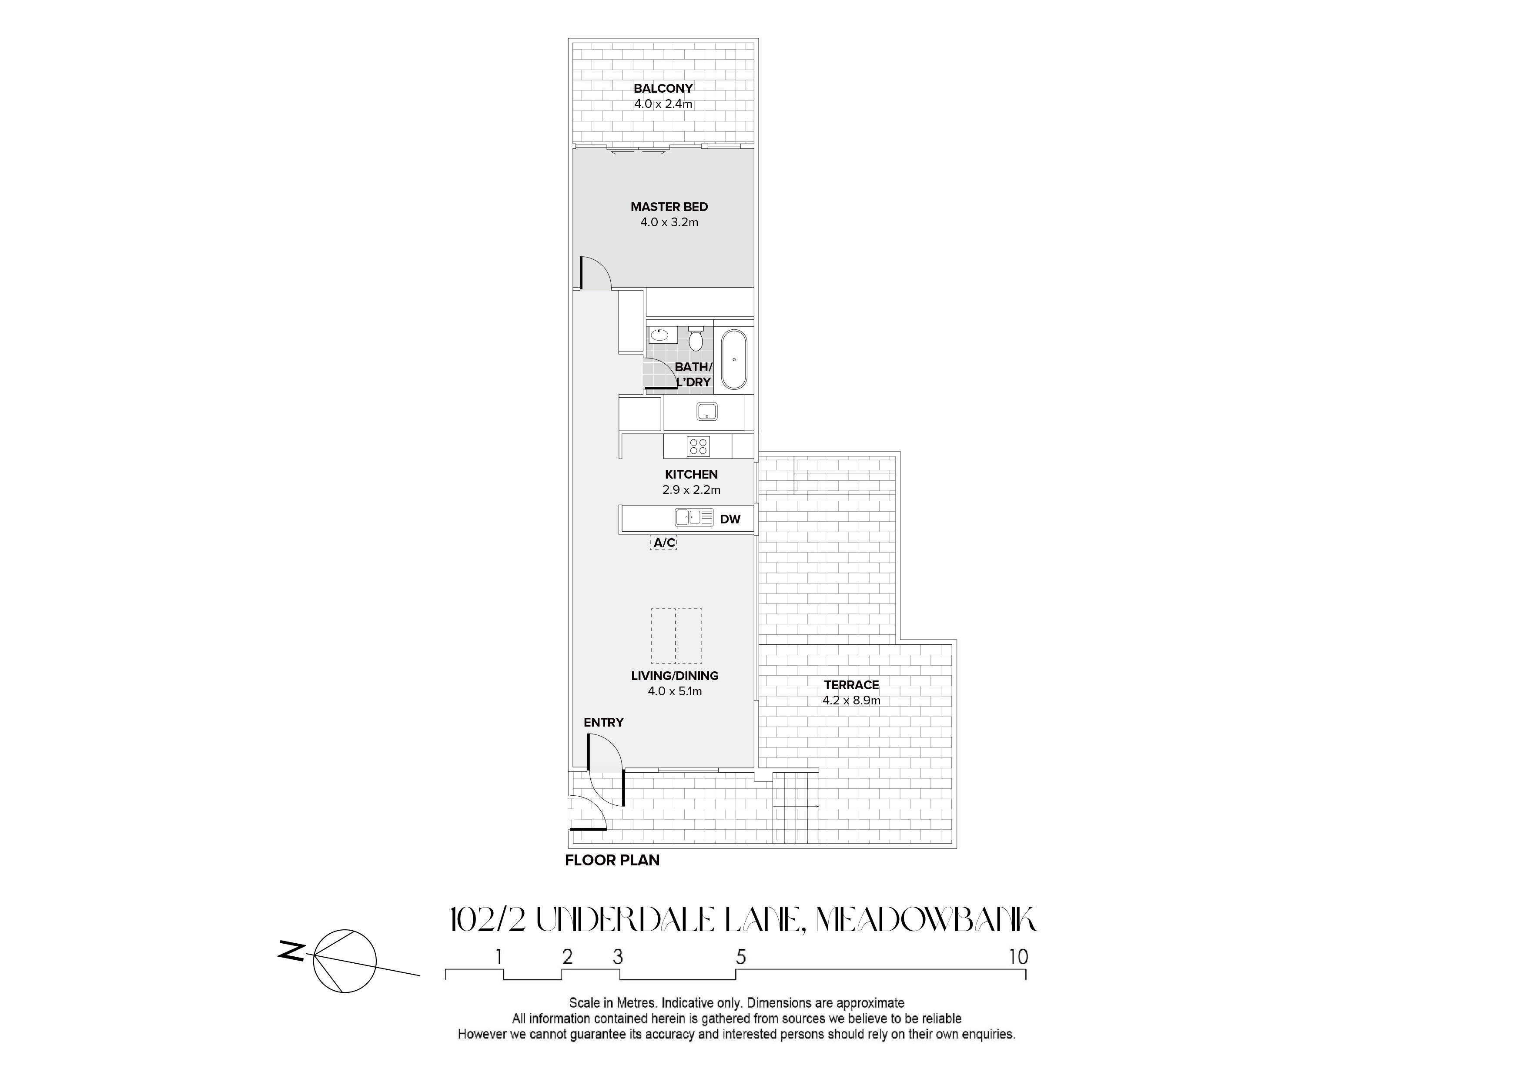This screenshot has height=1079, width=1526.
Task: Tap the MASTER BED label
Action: (669, 207)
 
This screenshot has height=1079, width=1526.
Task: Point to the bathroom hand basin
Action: (659, 335)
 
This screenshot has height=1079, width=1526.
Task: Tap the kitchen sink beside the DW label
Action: (694, 517)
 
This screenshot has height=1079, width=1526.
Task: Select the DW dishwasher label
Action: (730, 519)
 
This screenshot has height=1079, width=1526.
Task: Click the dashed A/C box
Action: (663, 543)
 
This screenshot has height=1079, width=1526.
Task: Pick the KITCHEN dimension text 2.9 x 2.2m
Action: (691, 490)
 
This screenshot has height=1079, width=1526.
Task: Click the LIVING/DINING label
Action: (675, 675)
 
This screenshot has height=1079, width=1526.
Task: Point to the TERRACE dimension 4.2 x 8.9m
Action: (851, 700)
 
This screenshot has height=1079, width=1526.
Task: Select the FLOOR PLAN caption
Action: (612, 860)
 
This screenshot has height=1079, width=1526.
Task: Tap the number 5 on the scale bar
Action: (741, 957)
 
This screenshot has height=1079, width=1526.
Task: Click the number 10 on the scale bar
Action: (1018, 957)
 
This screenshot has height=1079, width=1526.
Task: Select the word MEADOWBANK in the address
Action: (926, 921)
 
